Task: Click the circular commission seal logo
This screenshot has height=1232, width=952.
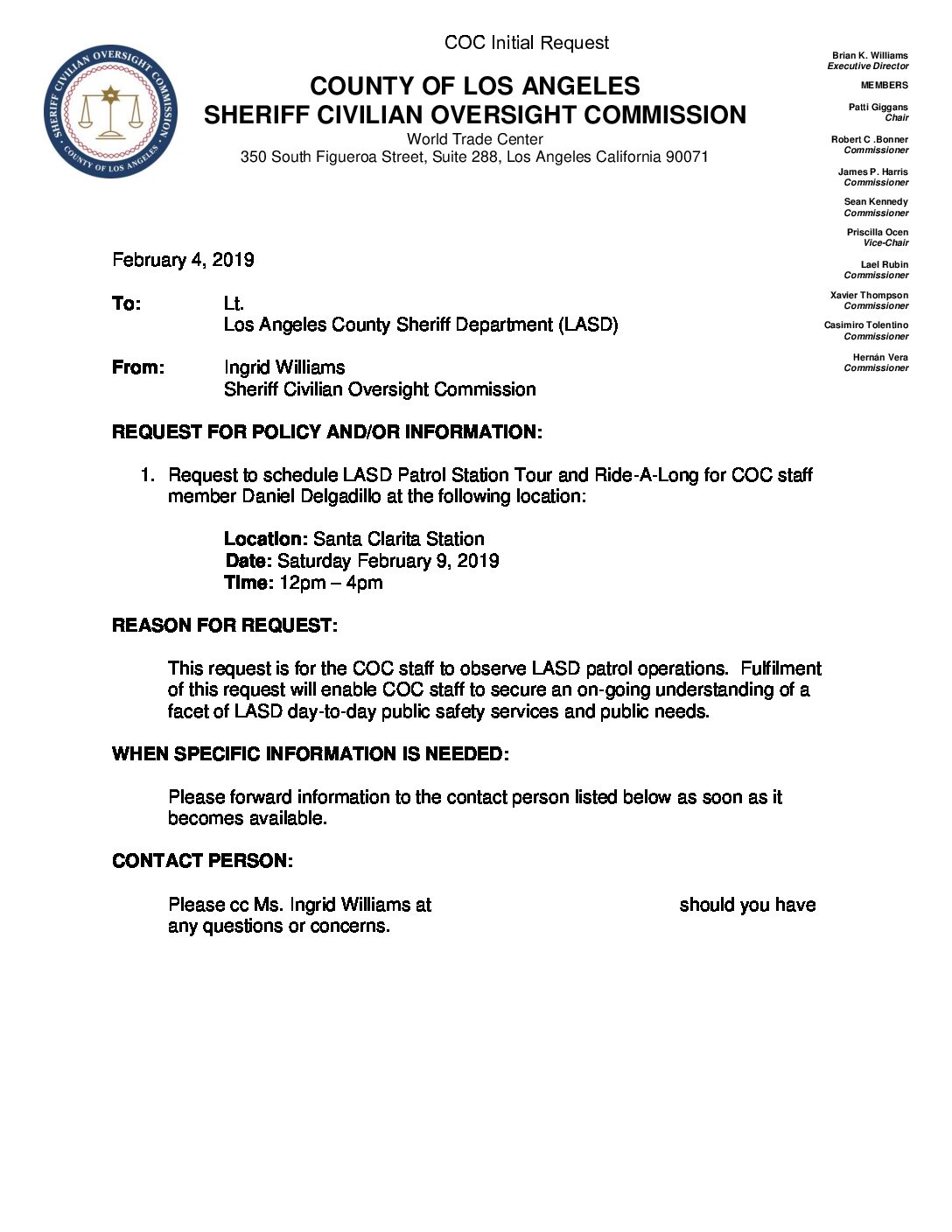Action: coord(111,111)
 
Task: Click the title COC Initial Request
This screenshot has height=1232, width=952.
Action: coord(526,43)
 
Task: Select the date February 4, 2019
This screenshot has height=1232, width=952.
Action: coord(183,260)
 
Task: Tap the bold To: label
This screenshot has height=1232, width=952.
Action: coord(126,304)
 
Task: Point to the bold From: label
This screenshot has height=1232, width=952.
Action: coord(138,367)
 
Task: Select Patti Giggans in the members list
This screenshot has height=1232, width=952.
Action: coord(878,107)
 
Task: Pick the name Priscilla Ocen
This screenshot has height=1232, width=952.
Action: coord(877,232)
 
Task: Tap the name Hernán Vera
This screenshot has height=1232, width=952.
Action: coord(880,357)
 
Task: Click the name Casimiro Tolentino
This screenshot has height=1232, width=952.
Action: coord(865,325)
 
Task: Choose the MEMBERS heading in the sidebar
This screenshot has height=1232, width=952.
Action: coord(884,85)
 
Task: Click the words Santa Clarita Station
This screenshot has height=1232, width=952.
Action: coord(398,539)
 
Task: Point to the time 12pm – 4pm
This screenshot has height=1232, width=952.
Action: coord(331,583)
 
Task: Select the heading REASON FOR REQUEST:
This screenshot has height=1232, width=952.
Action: coord(225,626)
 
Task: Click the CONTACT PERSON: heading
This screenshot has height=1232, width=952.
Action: coord(202,861)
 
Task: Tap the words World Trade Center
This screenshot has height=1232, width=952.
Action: coord(474,139)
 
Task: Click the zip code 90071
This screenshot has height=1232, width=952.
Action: coord(687,157)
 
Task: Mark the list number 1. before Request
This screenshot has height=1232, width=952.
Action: coord(148,475)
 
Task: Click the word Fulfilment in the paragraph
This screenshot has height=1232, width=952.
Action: coord(780,668)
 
